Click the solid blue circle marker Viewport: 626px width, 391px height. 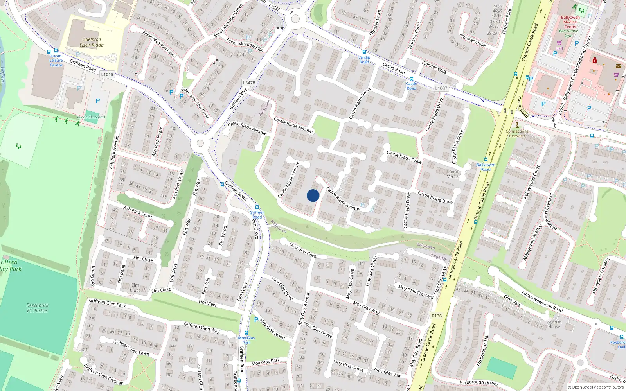click(x=313, y=195)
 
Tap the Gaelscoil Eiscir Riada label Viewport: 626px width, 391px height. click(x=92, y=42)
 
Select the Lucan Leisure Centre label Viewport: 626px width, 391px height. click(x=56, y=61)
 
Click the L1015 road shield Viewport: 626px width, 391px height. click(x=107, y=74)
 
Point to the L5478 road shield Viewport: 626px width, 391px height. click(x=249, y=83)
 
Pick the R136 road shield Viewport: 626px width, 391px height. click(x=437, y=316)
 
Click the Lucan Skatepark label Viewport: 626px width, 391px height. click(x=92, y=117)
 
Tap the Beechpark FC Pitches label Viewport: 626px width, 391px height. click(x=38, y=308)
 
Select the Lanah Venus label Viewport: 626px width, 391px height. click(x=453, y=174)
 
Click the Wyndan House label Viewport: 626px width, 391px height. click(x=554, y=325)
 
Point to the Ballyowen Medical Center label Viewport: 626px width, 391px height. click(x=570, y=22)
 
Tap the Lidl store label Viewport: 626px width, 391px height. click(x=559, y=48)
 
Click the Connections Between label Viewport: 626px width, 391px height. click(x=517, y=133)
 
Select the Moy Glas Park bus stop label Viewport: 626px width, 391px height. click(x=246, y=340)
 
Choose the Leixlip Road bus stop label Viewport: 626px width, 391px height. click(x=364, y=59)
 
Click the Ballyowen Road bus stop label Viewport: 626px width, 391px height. click(x=486, y=167)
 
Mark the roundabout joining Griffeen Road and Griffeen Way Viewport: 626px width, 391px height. click(x=200, y=143)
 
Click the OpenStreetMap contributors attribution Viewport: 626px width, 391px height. click(x=596, y=387)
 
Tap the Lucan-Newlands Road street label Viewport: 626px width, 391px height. click(x=542, y=301)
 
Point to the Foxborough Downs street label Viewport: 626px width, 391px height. click(x=479, y=382)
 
